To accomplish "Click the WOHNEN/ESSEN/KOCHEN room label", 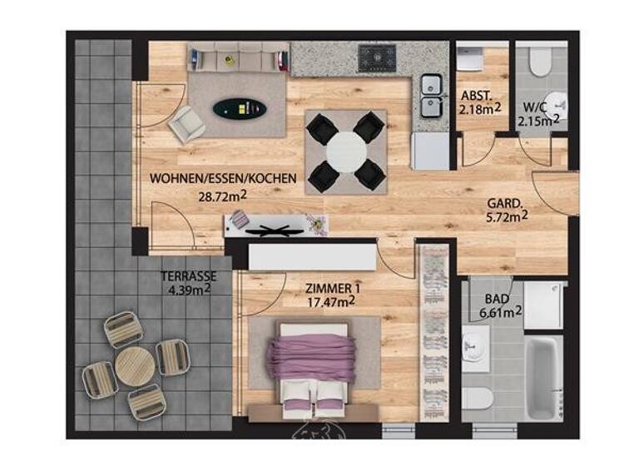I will [x=209, y=177].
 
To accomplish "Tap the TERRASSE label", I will [x=189, y=275].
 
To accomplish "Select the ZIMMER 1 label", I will [x=334, y=289].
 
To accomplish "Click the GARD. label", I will [x=504, y=202].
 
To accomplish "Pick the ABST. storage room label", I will [x=477, y=95].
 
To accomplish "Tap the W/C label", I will [x=534, y=107].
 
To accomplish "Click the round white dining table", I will [x=346, y=151].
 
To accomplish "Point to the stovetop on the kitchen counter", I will [x=379, y=57].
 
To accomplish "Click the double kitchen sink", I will [x=431, y=95].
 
